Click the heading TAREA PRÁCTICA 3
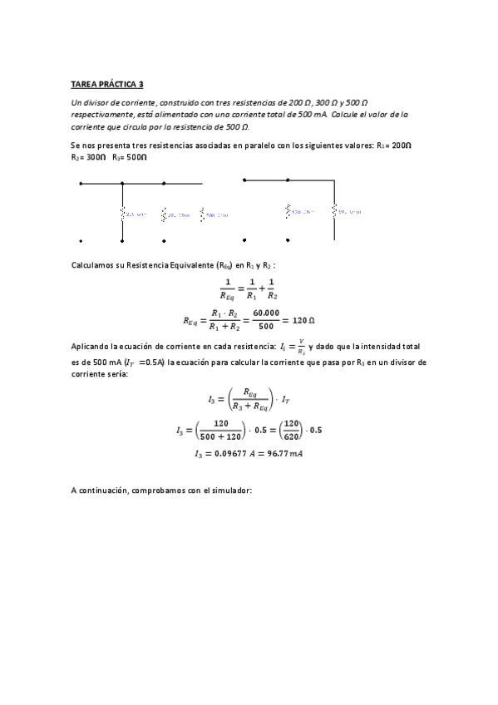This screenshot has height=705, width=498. click(107, 84)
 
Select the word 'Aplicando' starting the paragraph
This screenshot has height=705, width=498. click(91, 345)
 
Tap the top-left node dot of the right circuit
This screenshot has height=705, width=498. click(244, 179)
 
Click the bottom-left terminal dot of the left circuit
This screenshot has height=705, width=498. click(81, 241)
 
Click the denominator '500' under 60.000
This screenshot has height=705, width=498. click(264, 327)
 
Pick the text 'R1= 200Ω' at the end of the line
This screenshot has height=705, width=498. click(395, 145)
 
